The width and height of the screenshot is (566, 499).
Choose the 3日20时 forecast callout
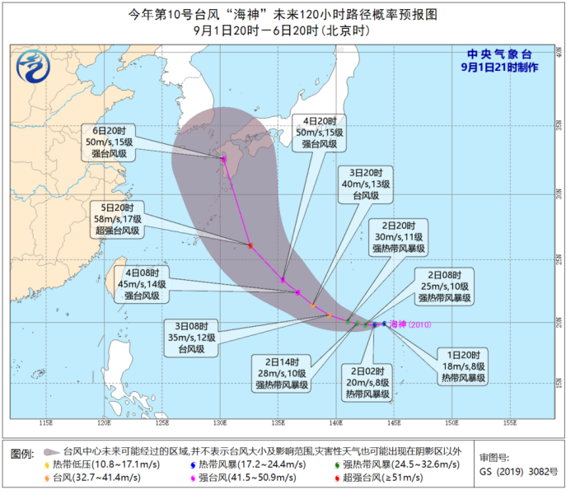(365, 185)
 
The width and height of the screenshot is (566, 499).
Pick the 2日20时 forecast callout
(399, 236)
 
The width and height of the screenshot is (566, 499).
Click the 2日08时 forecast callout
(445, 285)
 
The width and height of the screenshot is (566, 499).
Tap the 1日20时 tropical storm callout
(462, 366)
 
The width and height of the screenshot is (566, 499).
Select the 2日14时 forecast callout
(283, 371)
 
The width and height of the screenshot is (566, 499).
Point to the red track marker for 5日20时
(250, 245)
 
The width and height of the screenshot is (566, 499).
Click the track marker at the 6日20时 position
(223, 159)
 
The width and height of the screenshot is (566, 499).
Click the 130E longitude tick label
(219, 423)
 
